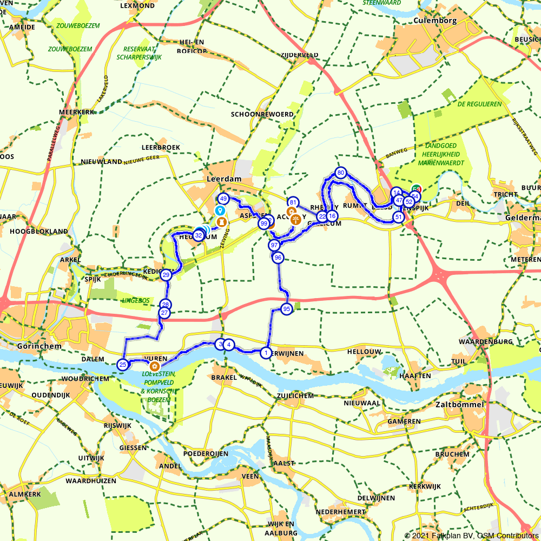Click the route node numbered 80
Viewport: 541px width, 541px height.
click(340, 173)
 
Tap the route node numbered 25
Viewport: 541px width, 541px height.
click(123, 365)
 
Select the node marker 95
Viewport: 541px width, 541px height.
click(287, 309)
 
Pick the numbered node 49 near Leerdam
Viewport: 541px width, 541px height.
click(223, 199)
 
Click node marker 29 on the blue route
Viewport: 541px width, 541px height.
click(166, 275)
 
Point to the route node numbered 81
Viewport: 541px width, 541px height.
click(293, 202)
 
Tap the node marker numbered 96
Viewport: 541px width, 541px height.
click(278, 258)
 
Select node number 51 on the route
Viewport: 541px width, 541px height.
click(398, 217)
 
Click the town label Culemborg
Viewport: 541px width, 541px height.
click(434, 21)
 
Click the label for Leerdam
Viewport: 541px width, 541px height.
click(223, 179)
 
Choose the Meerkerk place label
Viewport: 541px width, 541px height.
click(77, 112)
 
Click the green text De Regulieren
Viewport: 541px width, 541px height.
click(479, 104)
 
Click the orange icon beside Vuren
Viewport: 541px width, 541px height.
click(153, 367)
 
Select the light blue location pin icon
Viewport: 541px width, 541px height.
click(219, 210)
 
